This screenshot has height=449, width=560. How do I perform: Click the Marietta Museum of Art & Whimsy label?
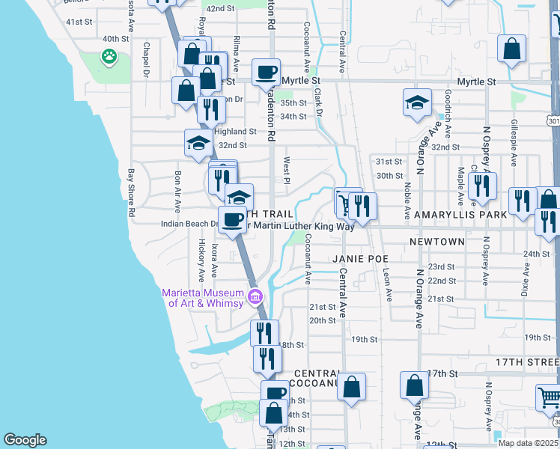203,297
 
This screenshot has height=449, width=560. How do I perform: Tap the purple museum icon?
255,297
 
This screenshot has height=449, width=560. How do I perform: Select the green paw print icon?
109,55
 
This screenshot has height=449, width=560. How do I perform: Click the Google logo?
25,440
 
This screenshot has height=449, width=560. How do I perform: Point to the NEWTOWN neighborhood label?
437,242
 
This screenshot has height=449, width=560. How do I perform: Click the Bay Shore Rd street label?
131,192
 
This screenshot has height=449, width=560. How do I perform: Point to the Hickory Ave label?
201,255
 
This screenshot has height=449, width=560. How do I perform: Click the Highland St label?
236,131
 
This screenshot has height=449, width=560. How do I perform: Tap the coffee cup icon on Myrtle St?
266,73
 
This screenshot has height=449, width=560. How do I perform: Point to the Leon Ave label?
387,284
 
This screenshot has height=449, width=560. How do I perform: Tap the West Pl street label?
286,169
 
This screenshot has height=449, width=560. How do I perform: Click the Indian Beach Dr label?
189,223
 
